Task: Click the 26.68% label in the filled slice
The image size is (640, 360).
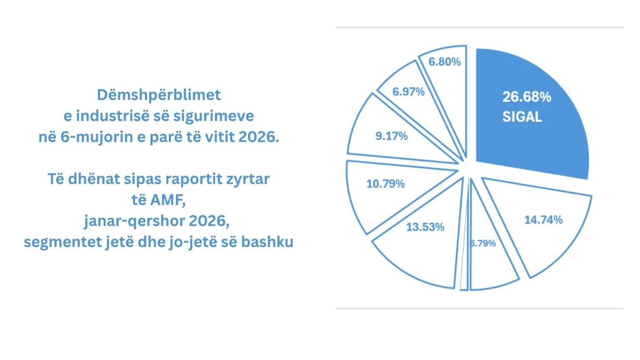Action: click(x=527, y=97)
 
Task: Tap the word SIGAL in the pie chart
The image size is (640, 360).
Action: click(x=522, y=117)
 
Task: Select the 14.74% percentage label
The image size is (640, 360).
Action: click(x=543, y=220)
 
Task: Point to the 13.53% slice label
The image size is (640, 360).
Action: click(x=425, y=227)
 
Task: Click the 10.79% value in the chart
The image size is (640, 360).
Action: click(x=385, y=184)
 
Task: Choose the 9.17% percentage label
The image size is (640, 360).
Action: click(x=391, y=136)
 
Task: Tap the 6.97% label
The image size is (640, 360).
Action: click(x=409, y=92)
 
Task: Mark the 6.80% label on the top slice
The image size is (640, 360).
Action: click(x=445, y=62)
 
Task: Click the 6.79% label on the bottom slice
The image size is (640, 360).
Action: click(x=483, y=243)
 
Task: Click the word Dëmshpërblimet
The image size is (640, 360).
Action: click(x=159, y=95)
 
